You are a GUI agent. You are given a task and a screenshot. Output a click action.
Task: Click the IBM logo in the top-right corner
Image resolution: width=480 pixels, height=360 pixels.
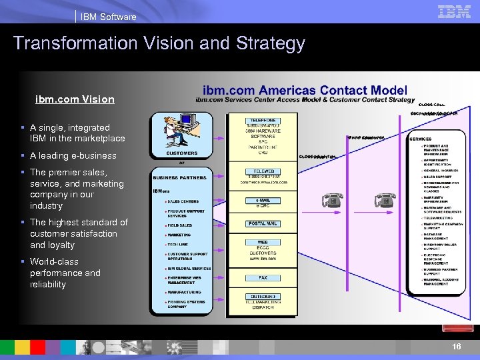pos(454,11)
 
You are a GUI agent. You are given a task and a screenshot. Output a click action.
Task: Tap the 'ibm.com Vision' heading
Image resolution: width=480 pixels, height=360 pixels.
pos(75,99)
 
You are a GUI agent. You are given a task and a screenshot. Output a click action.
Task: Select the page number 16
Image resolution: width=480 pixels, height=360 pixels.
pos(456,347)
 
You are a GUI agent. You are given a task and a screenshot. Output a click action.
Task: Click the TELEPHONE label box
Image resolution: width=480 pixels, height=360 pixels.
pos(262,121)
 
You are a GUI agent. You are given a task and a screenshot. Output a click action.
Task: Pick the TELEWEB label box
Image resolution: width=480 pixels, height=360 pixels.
pos(262,171)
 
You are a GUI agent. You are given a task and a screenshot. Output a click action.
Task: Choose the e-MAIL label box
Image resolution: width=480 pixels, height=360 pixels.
pos(262,200)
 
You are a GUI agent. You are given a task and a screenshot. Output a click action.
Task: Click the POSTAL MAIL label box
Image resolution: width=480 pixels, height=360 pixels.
pos(262,223)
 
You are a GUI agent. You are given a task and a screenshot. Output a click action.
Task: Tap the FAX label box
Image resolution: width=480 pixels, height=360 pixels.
pos(262,277)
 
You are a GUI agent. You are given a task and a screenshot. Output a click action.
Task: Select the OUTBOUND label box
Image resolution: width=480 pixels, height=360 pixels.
pos(262,296)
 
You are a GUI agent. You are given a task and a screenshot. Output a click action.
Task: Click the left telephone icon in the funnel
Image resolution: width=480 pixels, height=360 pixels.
pos(331,200)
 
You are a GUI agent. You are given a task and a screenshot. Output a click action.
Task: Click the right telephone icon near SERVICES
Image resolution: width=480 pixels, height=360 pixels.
pos(385,200)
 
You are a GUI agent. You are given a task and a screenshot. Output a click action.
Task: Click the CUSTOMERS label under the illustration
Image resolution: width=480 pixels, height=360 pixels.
pos(181,153)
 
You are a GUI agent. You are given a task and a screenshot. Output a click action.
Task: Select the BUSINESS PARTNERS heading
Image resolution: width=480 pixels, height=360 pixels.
pos(179,177)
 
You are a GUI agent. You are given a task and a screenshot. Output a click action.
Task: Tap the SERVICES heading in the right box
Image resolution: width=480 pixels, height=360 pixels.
pos(421,139)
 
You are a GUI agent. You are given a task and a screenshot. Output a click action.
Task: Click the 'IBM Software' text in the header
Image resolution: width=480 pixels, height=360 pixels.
pos(108,17)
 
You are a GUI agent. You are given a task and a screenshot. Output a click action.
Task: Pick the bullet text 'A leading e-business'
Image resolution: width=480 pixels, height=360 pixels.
pos(73,155)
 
